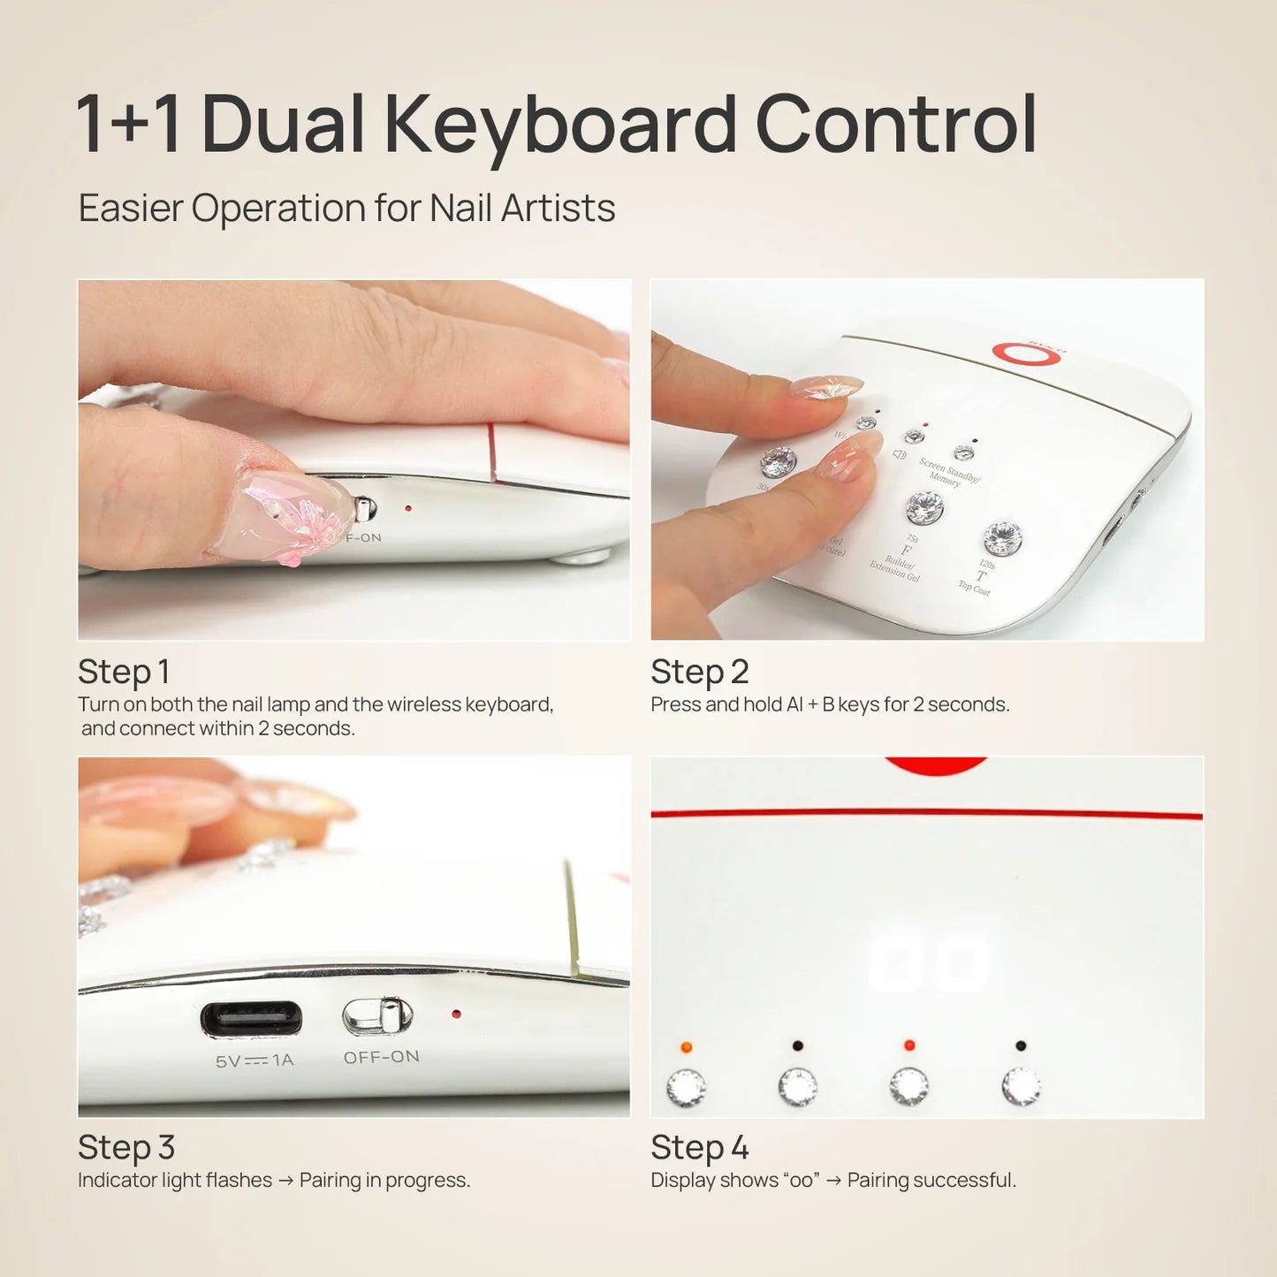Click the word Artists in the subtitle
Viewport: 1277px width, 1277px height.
[x=558, y=209]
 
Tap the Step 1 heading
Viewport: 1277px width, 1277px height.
[x=124, y=672]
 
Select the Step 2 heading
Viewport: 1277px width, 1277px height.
[x=699, y=672]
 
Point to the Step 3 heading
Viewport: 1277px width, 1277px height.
[x=126, y=1148]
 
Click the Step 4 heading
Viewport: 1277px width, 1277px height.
[x=699, y=1148]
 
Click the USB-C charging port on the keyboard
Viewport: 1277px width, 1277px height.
[x=251, y=1019]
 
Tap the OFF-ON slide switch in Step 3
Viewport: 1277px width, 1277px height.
[x=378, y=1016]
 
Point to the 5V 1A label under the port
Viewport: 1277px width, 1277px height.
[x=255, y=1060]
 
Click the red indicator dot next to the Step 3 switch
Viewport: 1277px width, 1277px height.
[x=456, y=1014]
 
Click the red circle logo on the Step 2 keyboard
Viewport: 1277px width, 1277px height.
[x=1026, y=353]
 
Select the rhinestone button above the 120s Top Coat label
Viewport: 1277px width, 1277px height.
[x=1002, y=537]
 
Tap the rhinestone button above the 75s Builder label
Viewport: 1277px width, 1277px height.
[x=924, y=507]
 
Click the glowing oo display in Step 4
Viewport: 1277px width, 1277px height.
[x=928, y=963]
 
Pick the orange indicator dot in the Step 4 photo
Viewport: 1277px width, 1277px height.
[x=687, y=1047]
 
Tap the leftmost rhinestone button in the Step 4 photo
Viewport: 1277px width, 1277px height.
[x=686, y=1087]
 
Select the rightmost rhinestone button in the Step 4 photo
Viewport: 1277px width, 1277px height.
[x=1021, y=1086]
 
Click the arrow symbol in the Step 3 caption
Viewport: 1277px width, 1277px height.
[x=285, y=1181]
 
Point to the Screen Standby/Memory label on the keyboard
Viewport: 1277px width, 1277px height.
[x=947, y=472]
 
